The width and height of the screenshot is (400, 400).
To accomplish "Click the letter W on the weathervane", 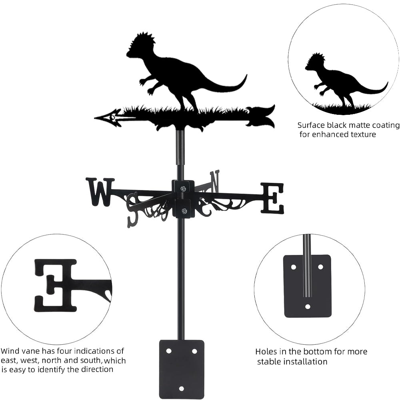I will [x=99, y=192].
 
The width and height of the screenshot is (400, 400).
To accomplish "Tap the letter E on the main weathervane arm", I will [x=273, y=198].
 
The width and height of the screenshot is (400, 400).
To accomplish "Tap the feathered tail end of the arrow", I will [x=262, y=116].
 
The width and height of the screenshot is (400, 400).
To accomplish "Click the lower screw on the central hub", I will [x=184, y=211].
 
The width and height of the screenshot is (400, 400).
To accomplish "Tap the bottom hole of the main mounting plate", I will [x=182, y=388].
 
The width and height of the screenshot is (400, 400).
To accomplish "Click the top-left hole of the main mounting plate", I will [x=169, y=351].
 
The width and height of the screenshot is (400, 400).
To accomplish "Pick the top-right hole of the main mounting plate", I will [x=194, y=351].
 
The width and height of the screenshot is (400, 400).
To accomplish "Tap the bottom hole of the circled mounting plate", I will [x=308, y=307].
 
